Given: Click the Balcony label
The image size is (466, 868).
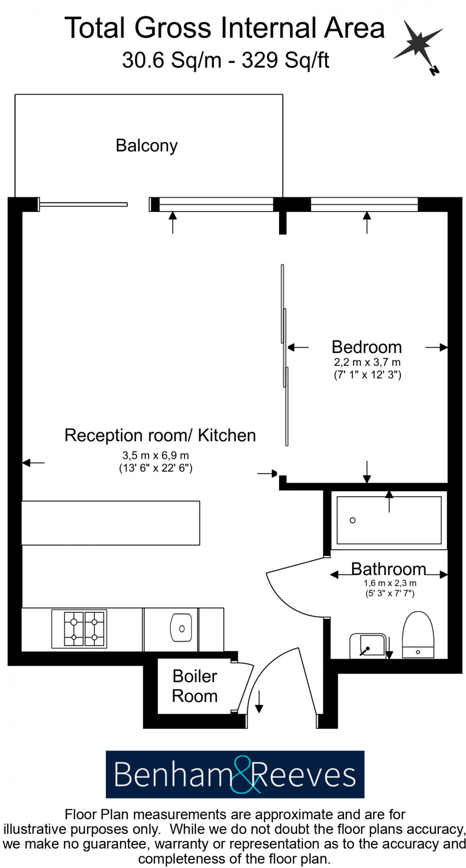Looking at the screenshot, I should (x=146, y=145).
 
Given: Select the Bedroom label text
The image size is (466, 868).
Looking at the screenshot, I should (x=366, y=347).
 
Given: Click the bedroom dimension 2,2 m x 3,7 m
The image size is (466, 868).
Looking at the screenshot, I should (x=367, y=362).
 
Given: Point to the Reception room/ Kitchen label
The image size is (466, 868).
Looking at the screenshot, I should (x=160, y=435).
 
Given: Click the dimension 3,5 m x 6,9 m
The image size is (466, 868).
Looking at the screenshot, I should (x=155, y=456).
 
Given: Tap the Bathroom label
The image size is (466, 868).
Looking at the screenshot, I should (x=388, y=569).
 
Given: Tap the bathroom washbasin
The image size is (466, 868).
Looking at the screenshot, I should (x=367, y=645).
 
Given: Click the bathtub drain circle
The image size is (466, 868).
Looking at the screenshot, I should (x=352, y=520).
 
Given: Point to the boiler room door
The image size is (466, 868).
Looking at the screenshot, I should (x=246, y=687).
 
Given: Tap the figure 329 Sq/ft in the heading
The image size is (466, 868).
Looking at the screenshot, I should (x=285, y=60).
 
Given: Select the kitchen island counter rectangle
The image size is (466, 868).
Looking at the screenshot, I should (x=111, y=523).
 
